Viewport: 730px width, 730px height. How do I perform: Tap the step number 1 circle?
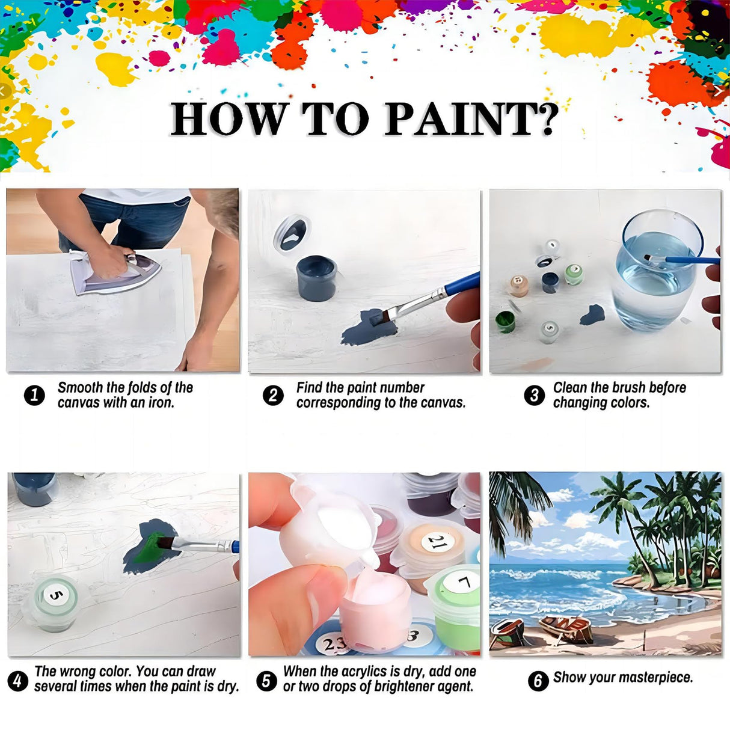point(34,395)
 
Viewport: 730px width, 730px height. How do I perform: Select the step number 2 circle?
point(273,395)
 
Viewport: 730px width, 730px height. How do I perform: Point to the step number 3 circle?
point(534,395)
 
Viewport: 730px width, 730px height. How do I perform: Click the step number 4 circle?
point(17,681)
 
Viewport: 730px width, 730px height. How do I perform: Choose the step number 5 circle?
point(266,681)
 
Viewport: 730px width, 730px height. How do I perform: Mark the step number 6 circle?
point(538,681)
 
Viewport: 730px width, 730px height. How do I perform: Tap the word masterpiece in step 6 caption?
point(657,678)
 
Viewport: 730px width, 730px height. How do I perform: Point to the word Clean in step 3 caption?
point(569,388)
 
